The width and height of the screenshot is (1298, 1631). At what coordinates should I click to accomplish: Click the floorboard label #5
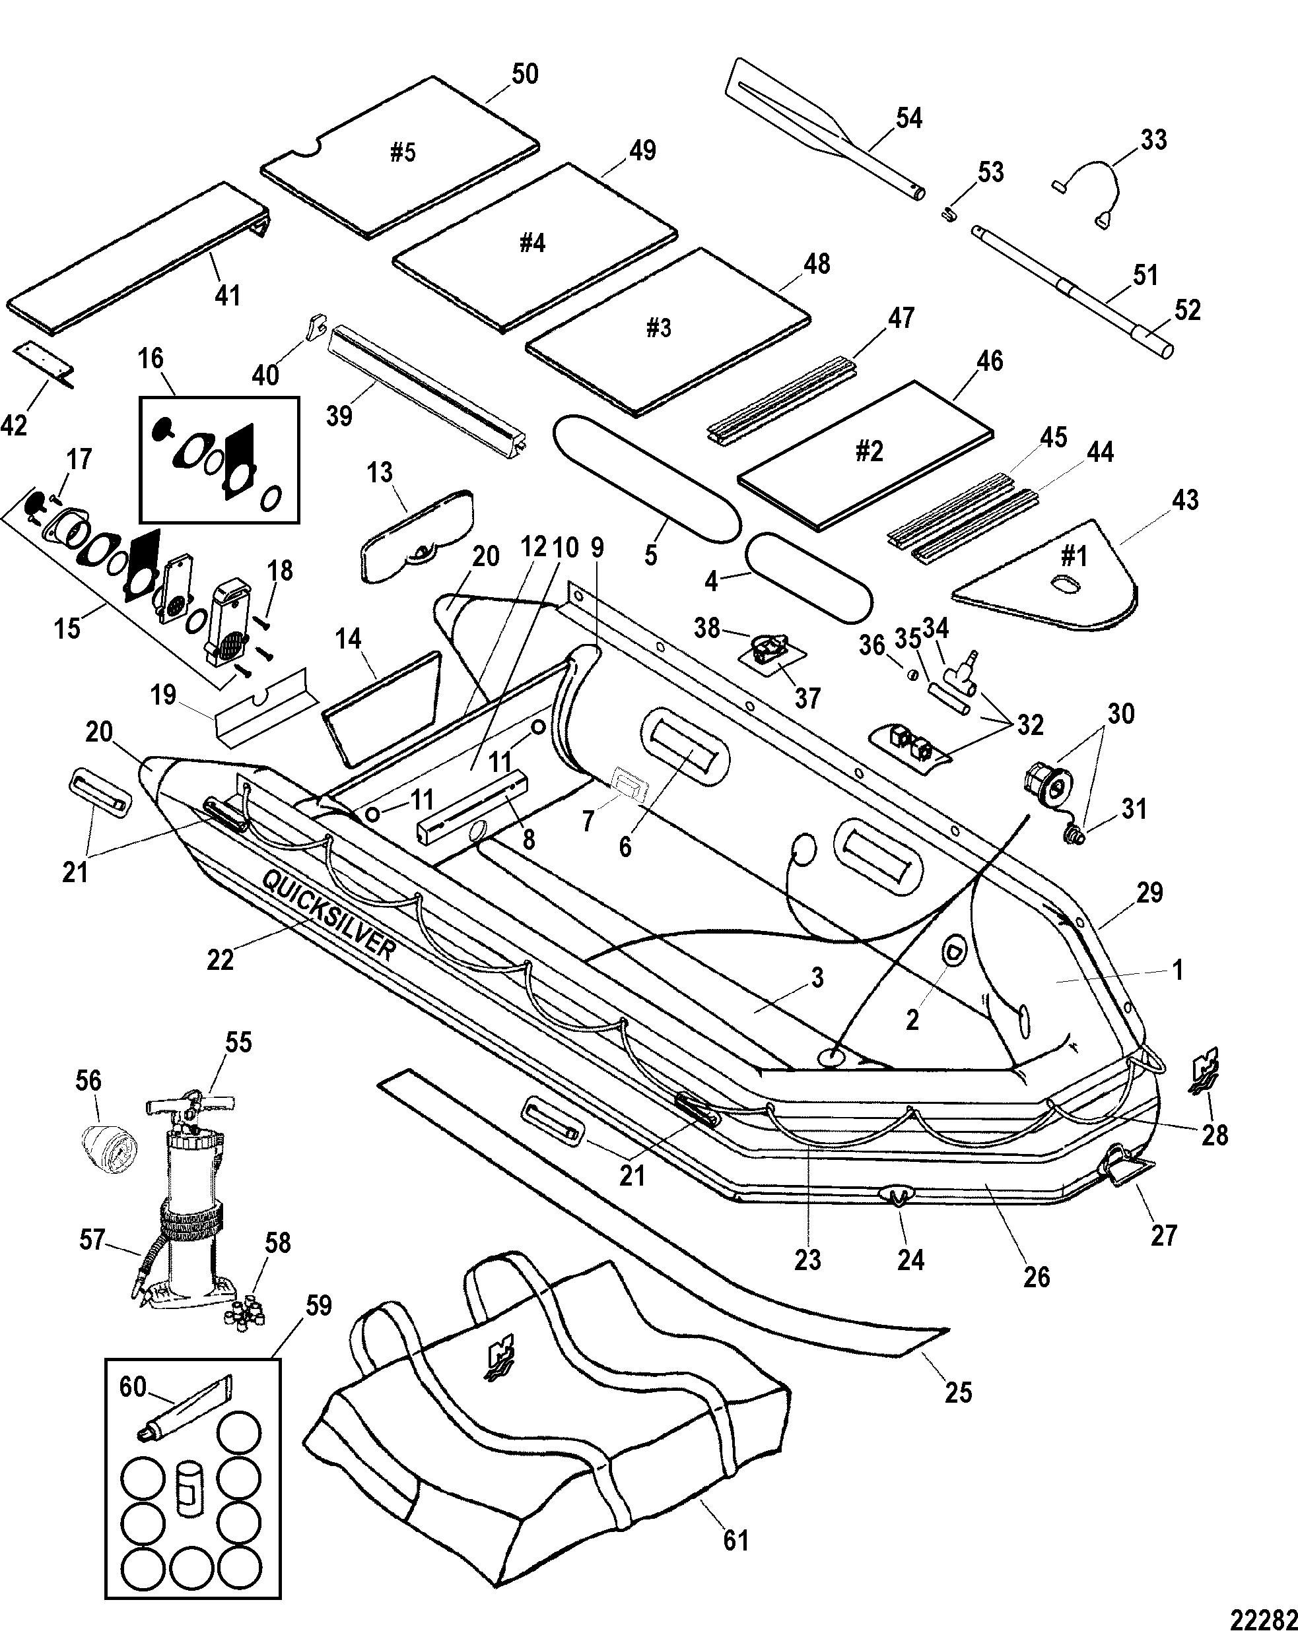click(403, 153)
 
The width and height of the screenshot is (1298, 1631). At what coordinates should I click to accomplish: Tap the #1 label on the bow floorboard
click(1074, 556)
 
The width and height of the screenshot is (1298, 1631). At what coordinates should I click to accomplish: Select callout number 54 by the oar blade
click(909, 119)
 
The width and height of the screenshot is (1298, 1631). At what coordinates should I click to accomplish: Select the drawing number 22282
click(1263, 1616)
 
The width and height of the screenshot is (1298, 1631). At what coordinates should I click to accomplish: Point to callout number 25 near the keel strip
click(958, 1392)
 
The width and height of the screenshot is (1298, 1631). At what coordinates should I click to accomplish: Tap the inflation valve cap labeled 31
click(1076, 836)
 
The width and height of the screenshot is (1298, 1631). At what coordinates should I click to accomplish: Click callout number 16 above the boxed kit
click(151, 358)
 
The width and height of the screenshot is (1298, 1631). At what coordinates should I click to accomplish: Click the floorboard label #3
click(658, 327)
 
